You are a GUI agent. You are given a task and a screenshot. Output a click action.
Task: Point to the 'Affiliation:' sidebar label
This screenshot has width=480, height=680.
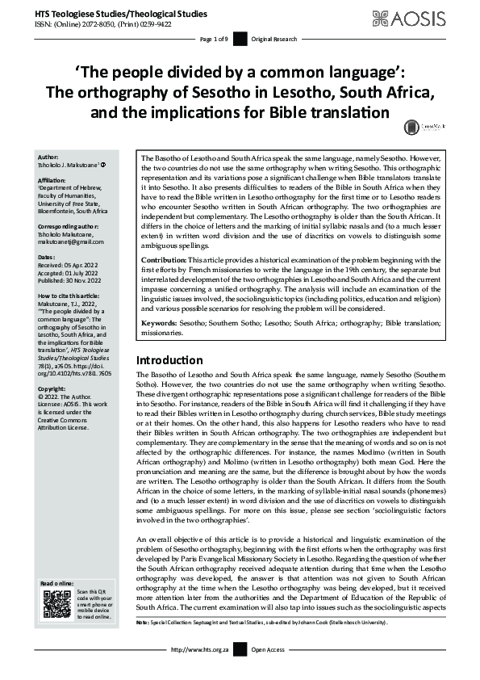(x=53, y=182)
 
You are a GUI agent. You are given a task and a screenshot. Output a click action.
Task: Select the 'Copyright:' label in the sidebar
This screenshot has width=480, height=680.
(x=52, y=388)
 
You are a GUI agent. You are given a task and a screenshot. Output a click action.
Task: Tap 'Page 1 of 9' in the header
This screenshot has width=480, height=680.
(x=214, y=39)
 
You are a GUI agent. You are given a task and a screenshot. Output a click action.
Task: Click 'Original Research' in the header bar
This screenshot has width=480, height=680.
(x=273, y=39)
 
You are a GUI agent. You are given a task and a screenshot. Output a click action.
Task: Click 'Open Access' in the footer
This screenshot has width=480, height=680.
(x=269, y=649)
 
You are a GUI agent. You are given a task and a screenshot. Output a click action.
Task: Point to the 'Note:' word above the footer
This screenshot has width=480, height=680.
(x=143, y=623)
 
